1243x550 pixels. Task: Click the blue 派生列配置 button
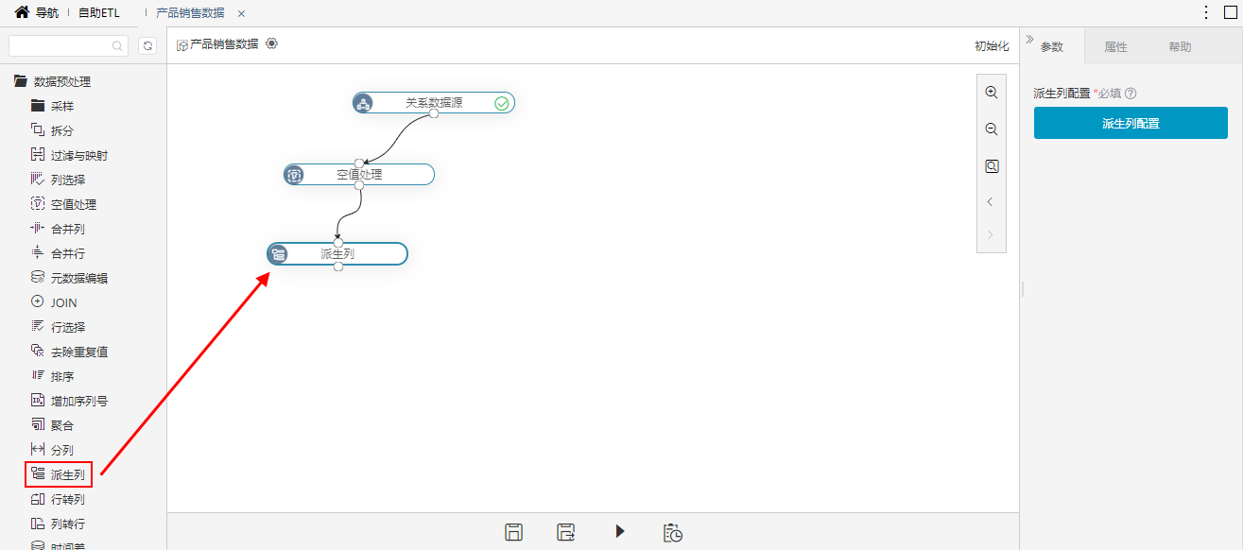pos(1131,123)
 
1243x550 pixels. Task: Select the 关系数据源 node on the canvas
pos(433,103)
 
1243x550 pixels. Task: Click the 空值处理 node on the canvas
pos(359,174)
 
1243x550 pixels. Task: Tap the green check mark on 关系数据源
pos(502,103)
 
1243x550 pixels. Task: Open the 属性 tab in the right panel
pos(1115,47)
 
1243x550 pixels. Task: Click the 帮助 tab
pos(1180,47)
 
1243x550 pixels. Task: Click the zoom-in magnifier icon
pos(992,93)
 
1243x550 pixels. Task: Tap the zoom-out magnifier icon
pos(992,129)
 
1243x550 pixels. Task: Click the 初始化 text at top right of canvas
pos(992,46)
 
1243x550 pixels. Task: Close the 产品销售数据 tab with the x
pos(241,14)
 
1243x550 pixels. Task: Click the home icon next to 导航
pos(22,11)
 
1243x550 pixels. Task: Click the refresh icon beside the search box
pos(147,46)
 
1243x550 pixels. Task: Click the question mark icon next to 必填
pos(1131,94)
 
